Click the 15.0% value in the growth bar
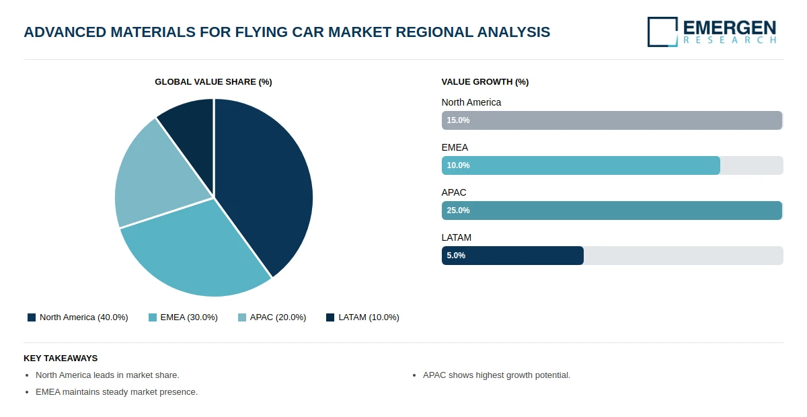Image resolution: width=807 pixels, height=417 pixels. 458,120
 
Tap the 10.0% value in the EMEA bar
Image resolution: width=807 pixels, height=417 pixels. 458,165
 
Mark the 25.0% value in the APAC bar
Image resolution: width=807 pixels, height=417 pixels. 458,211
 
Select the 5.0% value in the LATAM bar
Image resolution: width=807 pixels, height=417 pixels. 456,256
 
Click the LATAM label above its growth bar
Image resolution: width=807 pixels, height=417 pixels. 457,237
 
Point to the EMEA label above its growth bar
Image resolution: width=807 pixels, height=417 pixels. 455,147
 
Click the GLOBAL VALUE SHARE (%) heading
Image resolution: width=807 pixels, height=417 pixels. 213,82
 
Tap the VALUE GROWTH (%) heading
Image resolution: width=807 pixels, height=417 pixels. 485,82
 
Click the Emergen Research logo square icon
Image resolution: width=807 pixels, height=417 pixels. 662,32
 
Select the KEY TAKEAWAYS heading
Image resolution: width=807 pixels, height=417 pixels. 61,358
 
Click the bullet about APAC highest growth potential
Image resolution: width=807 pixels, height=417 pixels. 496,375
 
